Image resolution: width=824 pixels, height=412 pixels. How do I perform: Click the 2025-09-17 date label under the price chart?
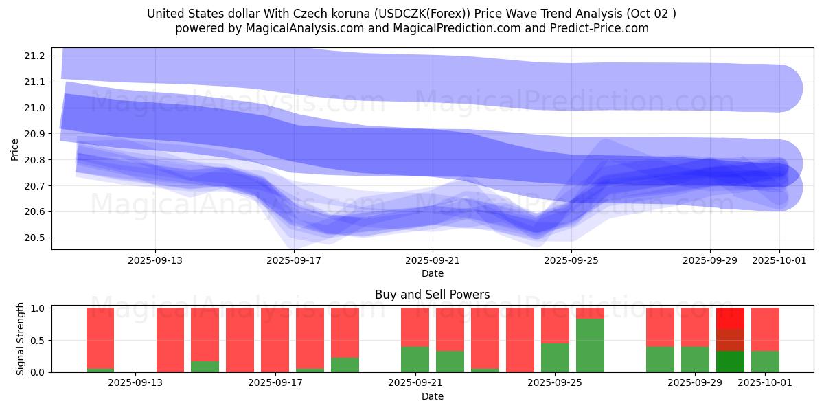point(294,260)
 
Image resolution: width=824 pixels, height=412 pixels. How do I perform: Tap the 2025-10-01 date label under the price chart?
point(779,260)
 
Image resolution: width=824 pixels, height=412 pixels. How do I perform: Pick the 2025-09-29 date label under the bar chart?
point(694,383)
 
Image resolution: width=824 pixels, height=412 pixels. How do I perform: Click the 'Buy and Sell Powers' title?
point(432,295)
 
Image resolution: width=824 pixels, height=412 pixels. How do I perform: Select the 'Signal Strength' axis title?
point(21,339)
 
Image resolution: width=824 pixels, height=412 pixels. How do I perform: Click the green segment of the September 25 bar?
point(555,358)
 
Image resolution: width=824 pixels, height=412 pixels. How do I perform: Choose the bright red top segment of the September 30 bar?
point(730,318)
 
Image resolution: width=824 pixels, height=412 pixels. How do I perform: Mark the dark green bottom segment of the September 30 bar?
point(730,362)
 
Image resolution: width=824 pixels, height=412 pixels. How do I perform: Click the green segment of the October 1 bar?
point(765,362)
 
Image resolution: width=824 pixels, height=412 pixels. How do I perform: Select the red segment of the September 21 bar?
point(415,327)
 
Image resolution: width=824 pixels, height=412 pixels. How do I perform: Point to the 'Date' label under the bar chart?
point(432,396)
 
